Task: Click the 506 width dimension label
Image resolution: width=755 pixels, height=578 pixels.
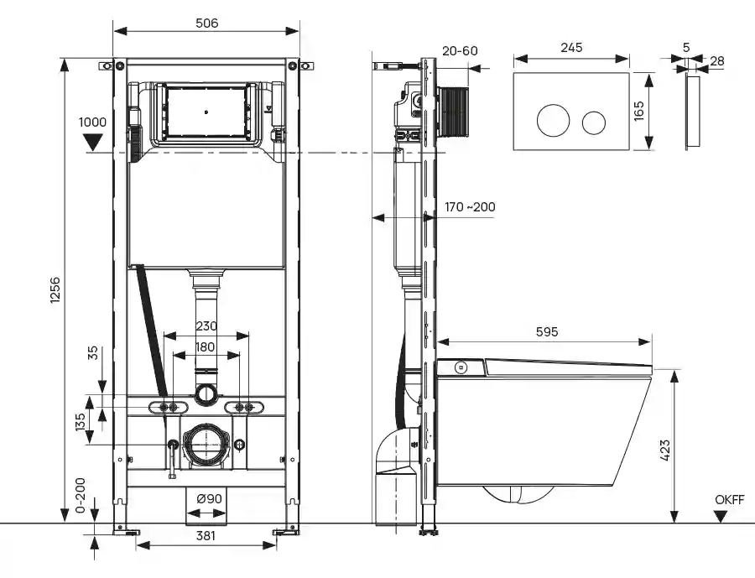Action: point(206,23)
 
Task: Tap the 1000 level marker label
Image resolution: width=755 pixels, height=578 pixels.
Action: point(92,122)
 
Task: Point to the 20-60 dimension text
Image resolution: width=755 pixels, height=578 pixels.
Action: point(459,51)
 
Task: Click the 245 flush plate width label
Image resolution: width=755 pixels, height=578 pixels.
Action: point(571,48)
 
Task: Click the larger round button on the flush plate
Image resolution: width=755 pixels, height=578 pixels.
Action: point(553,121)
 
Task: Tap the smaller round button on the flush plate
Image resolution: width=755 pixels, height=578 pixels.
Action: point(595,122)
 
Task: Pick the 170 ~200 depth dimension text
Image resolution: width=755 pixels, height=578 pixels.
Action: point(471,206)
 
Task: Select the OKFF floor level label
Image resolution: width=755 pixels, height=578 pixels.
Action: point(730,501)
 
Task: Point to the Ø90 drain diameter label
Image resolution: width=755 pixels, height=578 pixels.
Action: point(209,499)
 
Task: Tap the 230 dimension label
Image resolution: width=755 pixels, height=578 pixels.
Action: point(206,326)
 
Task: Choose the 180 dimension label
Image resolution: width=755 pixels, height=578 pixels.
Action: point(206,346)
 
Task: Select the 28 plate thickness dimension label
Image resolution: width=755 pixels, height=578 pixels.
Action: point(717,60)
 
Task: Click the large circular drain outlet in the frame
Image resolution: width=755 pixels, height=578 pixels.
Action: point(206,445)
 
